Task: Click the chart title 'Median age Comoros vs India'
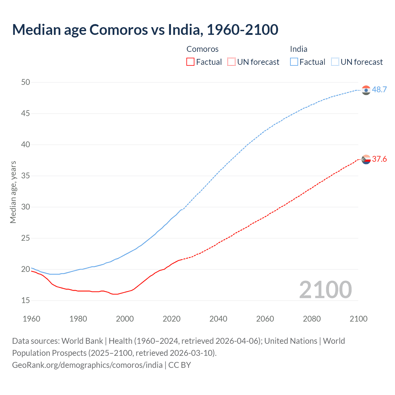pyautogui.click(x=145, y=30)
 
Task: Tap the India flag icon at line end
pyautogui.click(x=366, y=90)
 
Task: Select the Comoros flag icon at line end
pyautogui.click(x=366, y=160)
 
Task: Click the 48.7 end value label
pyautogui.click(x=379, y=90)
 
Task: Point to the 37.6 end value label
pyautogui.click(x=379, y=159)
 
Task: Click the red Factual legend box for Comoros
pyautogui.click(x=190, y=62)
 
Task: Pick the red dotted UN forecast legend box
pyautogui.click(x=231, y=62)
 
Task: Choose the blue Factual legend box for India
pyautogui.click(x=294, y=62)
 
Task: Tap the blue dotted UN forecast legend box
pyautogui.click(x=335, y=62)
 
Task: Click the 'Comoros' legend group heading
pyautogui.click(x=202, y=49)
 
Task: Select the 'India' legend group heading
pyautogui.click(x=298, y=49)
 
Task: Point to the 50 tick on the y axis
pyautogui.click(x=26, y=82)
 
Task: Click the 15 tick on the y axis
pyautogui.click(x=26, y=300)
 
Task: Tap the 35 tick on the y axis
pyautogui.click(x=26, y=176)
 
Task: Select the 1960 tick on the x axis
pyautogui.click(x=31, y=319)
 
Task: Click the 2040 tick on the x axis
pyautogui.click(x=218, y=319)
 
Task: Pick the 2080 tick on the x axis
pyautogui.click(x=312, y=319)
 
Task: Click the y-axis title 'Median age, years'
pyautogui.click(x=13, y=192)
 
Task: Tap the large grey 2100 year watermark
pyautogui.click(x=325, y=290)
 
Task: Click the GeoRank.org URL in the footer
pyautogui.click(x=87, y=365)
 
